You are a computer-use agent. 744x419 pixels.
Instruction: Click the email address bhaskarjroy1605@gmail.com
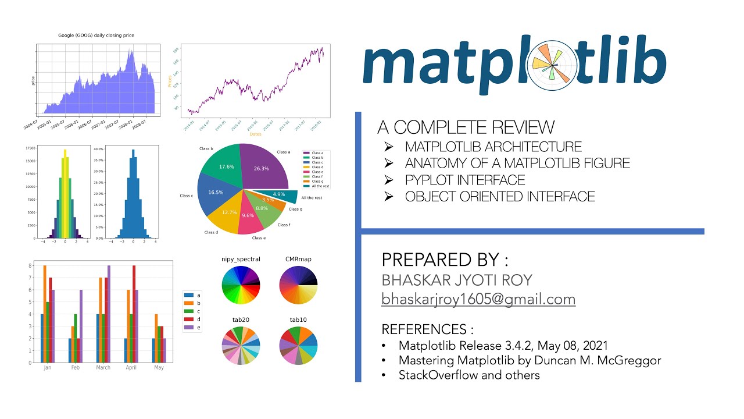pos(478,299)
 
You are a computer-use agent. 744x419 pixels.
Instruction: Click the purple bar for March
pos(109,314)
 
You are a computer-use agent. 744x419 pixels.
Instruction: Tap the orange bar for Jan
pos(44,314)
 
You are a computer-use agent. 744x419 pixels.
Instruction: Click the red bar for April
pos(134,314)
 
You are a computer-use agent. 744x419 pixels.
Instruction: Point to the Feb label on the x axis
pos(76,368)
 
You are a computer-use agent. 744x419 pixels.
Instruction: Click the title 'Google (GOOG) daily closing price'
pos(96,35)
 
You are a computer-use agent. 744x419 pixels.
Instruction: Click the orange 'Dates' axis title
pos(255,134)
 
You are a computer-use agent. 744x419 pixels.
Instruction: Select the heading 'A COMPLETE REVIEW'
pos(466,127)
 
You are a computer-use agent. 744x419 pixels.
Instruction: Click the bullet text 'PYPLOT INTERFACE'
pos(465,180)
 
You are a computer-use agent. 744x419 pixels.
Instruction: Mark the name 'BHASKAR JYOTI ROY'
pos(457,280)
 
